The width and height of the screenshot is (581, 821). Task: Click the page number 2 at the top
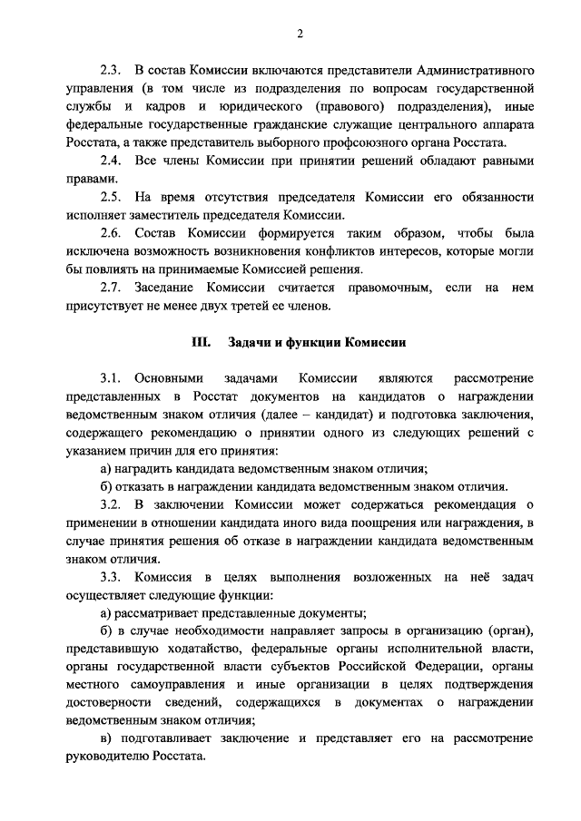coord(299,34)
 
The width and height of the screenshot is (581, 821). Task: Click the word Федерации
coord(419,668)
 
